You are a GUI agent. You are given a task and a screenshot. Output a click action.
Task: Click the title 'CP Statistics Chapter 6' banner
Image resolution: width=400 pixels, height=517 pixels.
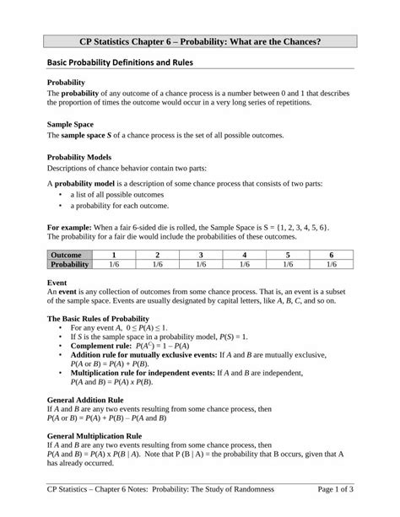[200, 41]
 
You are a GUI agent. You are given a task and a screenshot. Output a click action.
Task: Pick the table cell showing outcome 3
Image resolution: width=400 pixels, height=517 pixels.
[201, 254]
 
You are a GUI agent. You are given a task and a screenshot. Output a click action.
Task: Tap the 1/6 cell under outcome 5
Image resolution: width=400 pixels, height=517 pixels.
[288, 265]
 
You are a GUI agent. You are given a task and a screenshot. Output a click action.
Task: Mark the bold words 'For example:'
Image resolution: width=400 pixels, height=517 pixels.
[70, 227]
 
